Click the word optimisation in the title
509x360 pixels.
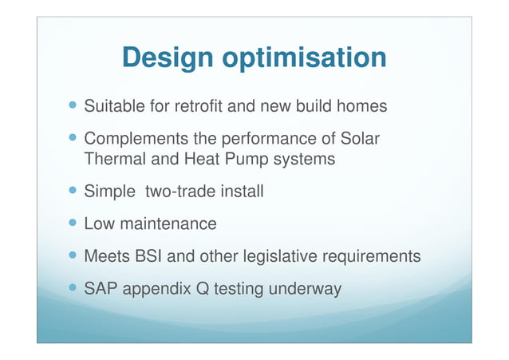306,57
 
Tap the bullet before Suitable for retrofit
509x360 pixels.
73,105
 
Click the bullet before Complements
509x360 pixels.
73,138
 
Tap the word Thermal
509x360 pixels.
112,160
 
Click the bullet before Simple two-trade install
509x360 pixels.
73,192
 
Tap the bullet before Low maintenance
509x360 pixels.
73,224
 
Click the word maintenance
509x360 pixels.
169,224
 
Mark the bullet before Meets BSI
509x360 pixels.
73,255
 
